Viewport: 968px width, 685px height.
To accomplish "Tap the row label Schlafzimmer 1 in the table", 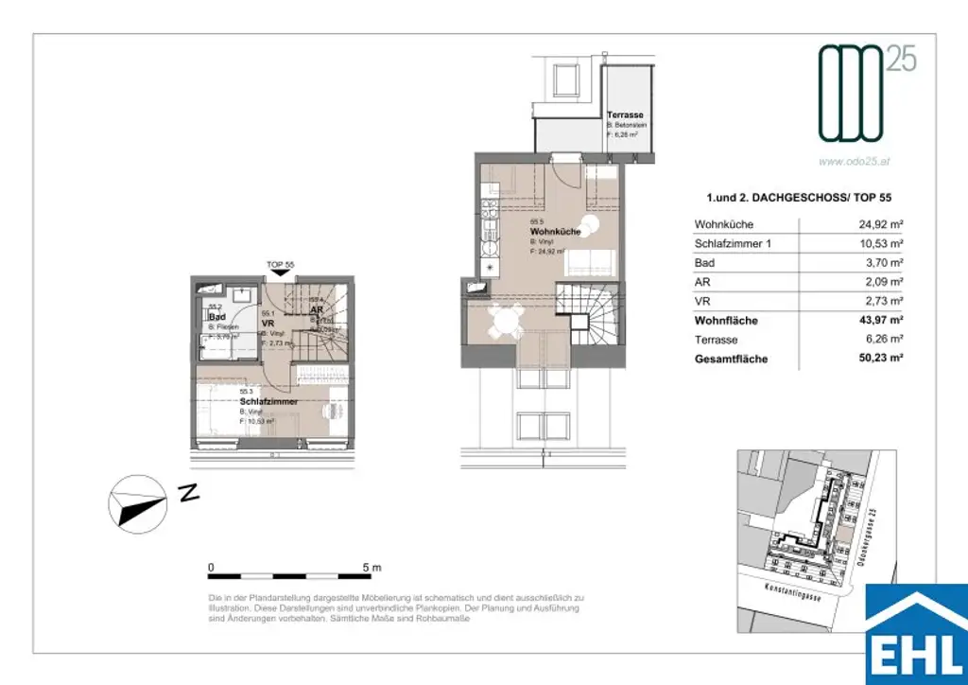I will [x=733, y=244].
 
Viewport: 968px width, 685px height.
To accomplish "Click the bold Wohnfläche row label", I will [x=726, y=321].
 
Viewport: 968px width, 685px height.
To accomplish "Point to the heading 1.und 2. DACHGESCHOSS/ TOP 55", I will [x=799, y=198].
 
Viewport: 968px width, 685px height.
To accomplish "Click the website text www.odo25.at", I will [x=855, y=162].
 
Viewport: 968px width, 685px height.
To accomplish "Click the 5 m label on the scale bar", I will [x=372, y=568].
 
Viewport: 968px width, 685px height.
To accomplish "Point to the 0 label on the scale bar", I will [x=211, y=568].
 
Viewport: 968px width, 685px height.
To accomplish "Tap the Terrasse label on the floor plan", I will [x=625, y=114].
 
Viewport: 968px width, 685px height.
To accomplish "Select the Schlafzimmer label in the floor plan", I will [x=268, y=402].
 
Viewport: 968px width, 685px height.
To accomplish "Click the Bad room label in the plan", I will [x=216, y=317].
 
